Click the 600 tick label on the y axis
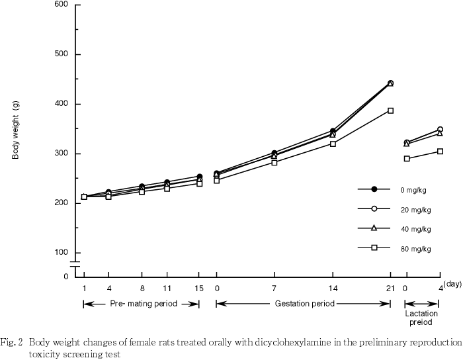click(61, 5)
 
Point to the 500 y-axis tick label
click(61, 54)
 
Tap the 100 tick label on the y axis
click(61, 253)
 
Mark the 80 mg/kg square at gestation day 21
click(390, 111)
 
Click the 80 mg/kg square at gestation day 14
click(333, 144)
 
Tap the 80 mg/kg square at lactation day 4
click(440, 152)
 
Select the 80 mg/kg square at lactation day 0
click(407, 159)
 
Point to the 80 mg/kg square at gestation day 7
click(274, 162)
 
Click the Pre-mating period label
click(141, 304)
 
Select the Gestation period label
click(303, 304)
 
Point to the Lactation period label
click(418, 317)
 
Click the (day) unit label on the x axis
click(452, 284)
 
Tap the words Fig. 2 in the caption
click(12, 343)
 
